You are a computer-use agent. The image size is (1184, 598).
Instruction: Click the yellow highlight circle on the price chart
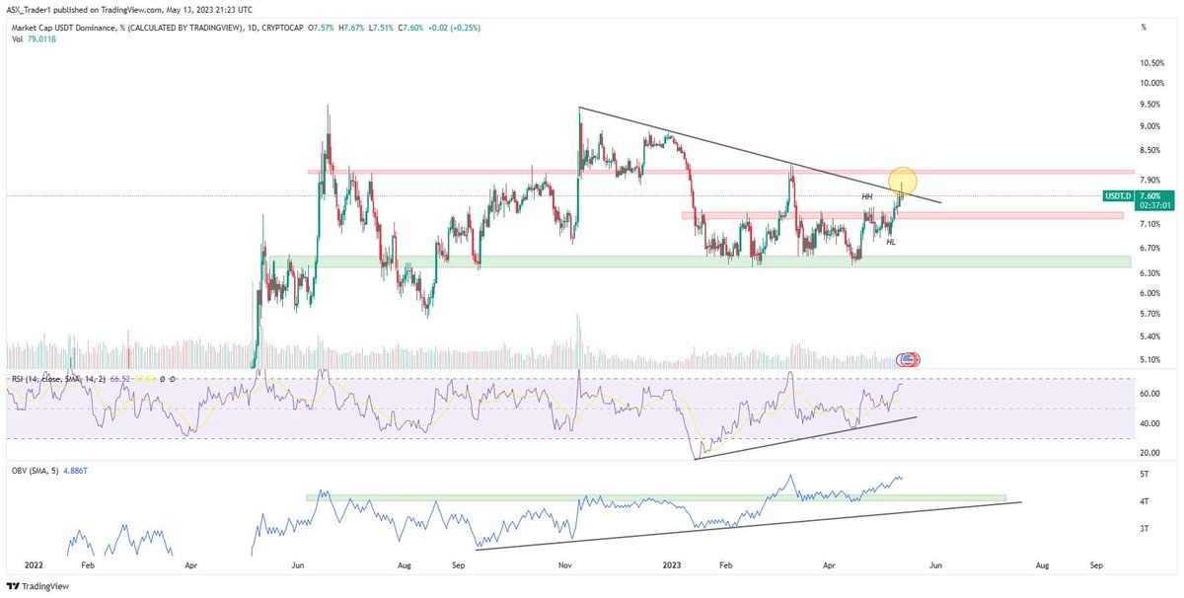[x=903, y=181]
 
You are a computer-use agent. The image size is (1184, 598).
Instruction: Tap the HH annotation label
[x=866, y=197]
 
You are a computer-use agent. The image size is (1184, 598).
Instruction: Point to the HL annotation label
[x=891, y=242]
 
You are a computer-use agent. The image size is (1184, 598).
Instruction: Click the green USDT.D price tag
[x=1115, y=195]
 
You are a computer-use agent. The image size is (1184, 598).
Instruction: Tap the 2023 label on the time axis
[x=671, y=565]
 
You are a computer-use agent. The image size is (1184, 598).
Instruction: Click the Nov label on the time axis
[x=564, y=565]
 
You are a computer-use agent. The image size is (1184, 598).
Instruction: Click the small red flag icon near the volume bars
[x=909, y=360]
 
